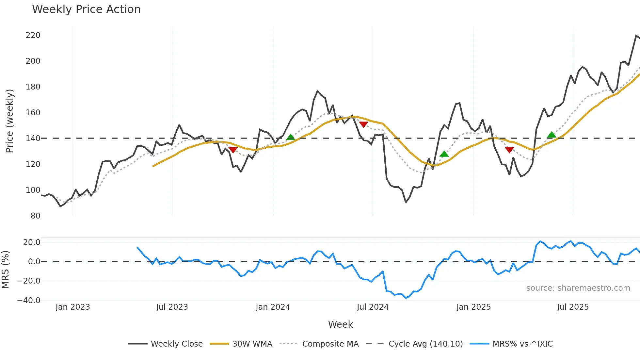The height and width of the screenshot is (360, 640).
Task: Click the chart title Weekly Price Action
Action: [86, 9]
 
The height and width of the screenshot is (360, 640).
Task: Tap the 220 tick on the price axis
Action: [33, 35]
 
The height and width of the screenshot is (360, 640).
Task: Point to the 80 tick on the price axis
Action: [35, 216]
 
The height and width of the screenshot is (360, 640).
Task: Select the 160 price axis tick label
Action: [33, 113]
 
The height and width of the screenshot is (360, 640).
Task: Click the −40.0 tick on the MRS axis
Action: [29, 301]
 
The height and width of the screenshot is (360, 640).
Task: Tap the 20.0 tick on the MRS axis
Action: [32, 242]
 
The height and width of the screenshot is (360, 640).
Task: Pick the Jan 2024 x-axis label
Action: [273, 307]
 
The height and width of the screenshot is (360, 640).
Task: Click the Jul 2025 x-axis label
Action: [573, 307]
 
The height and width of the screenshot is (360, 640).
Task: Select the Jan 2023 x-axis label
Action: [72, 307]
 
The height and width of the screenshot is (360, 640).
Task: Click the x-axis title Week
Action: [340, 324]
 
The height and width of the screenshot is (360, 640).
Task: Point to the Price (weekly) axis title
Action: [9, 121]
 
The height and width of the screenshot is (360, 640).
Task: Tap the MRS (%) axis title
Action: [5, 270]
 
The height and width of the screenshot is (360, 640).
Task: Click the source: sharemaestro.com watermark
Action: [578, 288]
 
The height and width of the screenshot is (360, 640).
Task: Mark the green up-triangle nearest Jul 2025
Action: [551, 135]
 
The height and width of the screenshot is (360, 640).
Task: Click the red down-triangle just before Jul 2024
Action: [363, 124]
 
